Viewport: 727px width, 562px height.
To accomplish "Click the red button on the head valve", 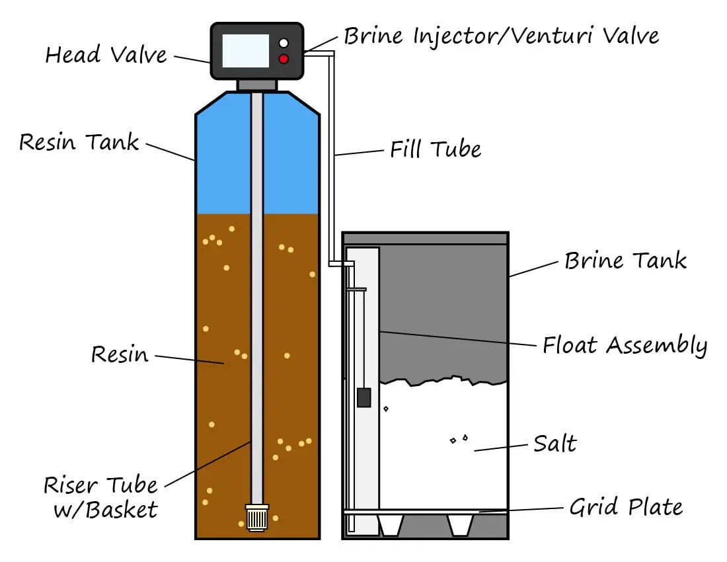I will click(x=284, y=60).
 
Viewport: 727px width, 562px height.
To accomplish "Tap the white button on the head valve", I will click(x=284, y=43).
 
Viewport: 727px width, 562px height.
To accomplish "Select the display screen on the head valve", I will click(x=245, y=51).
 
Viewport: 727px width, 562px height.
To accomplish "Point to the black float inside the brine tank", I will click(x=363, y=397).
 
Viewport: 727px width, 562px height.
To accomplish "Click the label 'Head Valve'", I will click(x=106, y=54).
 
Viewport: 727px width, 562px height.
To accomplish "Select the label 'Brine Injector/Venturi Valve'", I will click(x=501, y=35).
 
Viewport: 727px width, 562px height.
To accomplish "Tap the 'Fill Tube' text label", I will click(x=435, y=149).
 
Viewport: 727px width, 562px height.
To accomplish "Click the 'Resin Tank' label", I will click(x=79, y=141).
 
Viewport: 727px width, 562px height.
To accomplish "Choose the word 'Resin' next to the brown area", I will click(x=120, y=354).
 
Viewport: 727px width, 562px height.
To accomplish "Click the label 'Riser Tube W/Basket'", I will click(x=100, y=497).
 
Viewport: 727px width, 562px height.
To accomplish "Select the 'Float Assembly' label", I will click(x=625, y=345).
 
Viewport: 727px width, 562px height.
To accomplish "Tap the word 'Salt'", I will click(x=555, y=443).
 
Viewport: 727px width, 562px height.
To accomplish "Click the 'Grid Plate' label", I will click(x=625, y=507).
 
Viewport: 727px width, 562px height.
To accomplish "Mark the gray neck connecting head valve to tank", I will click(x=257, y=85).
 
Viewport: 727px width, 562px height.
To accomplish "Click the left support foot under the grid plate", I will click(x=390, y=525).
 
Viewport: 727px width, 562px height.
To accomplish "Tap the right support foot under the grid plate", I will click(x=460, y=525).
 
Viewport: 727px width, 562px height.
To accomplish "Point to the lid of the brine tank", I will click(x=425, y=238).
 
